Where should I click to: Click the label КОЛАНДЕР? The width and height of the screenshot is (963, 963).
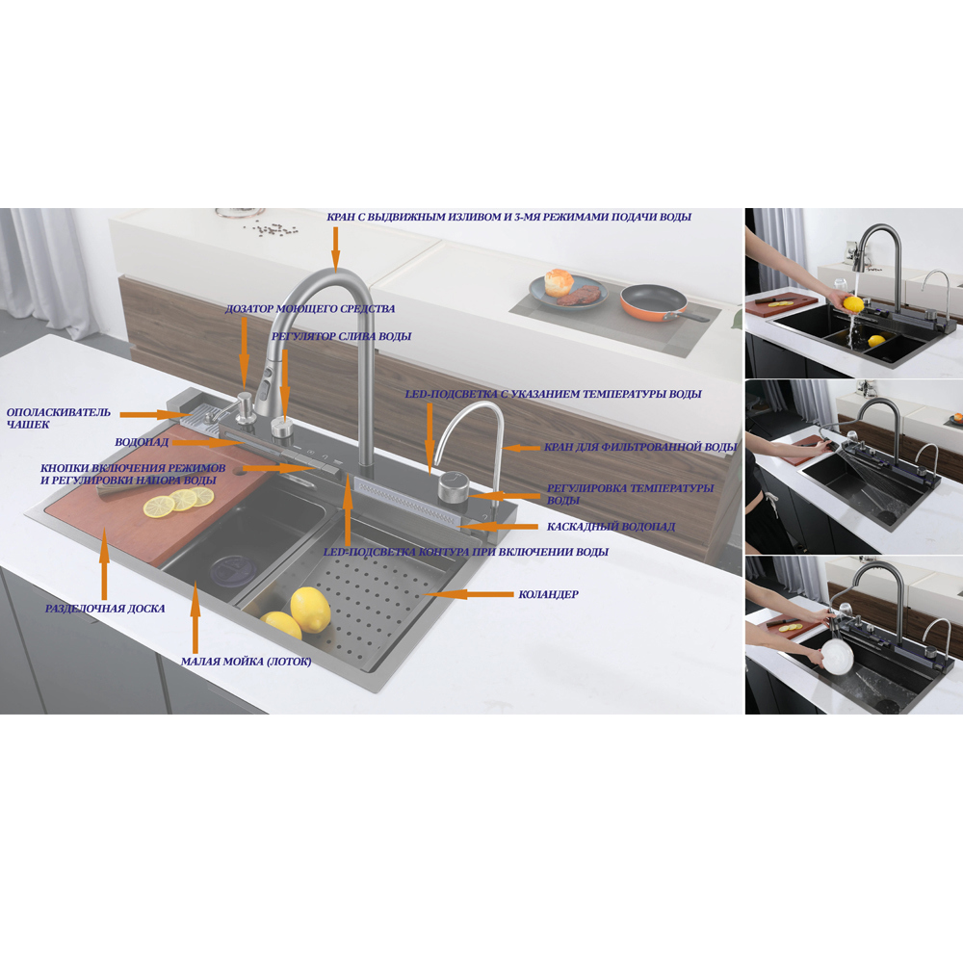548,594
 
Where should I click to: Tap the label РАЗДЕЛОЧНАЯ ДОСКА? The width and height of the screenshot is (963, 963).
105,609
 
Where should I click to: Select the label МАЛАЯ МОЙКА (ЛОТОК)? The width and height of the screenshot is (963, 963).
247,662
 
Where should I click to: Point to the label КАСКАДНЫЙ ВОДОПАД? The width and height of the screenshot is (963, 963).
612,527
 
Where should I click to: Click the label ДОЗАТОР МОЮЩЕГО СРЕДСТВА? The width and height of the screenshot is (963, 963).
309,309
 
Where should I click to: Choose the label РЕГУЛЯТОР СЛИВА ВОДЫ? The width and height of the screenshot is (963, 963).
342,336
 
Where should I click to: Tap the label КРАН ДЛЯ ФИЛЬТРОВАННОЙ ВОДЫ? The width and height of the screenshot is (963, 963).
640,447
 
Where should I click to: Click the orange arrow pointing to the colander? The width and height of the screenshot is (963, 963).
468,594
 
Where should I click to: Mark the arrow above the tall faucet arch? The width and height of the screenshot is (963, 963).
335,248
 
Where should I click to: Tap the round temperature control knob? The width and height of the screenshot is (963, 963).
454,485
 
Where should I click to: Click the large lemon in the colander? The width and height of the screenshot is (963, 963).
310,610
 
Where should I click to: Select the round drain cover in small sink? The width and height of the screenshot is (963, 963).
231,570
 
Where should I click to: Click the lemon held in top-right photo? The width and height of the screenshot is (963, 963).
852,304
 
